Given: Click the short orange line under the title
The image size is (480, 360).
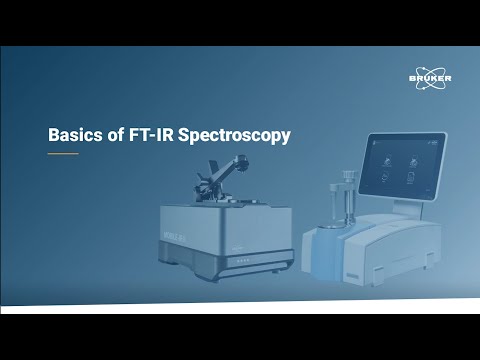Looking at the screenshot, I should (63, 154).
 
